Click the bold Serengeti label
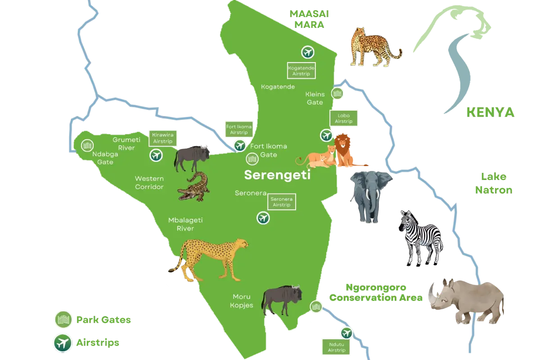(277, 175)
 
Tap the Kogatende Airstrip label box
(301, 70)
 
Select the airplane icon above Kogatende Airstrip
(308, 52)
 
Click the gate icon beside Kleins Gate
(338, 94)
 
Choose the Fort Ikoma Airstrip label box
(239, 130)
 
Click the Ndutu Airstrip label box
(336, 346)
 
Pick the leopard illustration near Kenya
(371, 46)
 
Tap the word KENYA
(490, 112)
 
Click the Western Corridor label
(149, 182)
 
